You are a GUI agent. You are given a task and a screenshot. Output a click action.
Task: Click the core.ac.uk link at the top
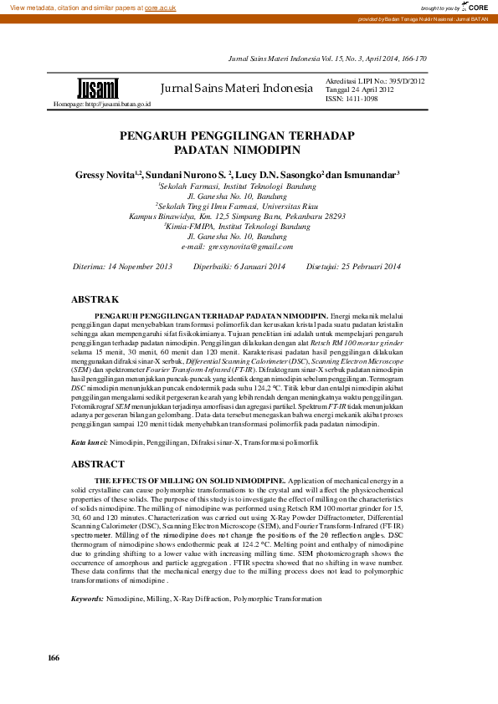pyautogui.click(x=160, y=7)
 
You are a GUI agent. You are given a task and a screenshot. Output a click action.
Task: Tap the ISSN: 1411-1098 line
pyautogui.click(x=352, y=99)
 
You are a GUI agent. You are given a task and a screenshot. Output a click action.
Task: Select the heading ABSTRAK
pyautogui.click(x=95, y=298)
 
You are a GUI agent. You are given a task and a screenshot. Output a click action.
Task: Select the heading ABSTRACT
pyautogui.click(x=99, y=463)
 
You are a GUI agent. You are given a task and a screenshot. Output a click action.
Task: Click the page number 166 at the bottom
pyautogui.click(x=54, y=658)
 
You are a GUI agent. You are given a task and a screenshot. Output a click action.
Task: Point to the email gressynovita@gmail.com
pyautogui.click(x=250, y=247)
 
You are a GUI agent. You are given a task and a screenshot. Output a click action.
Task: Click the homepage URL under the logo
pyautogui.click(x=102, y=104)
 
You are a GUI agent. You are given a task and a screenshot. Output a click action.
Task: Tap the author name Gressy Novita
pyautogui.click(x=102, y=175)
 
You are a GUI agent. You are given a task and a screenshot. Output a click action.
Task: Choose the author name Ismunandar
pyautogui.click(x=369, y=175)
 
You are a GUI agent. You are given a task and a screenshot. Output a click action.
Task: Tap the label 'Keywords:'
pyautogui.click(x=87, y=599)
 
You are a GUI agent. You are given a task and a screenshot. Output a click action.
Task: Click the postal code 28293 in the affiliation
pyautogui.click(x=330, y=216)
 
